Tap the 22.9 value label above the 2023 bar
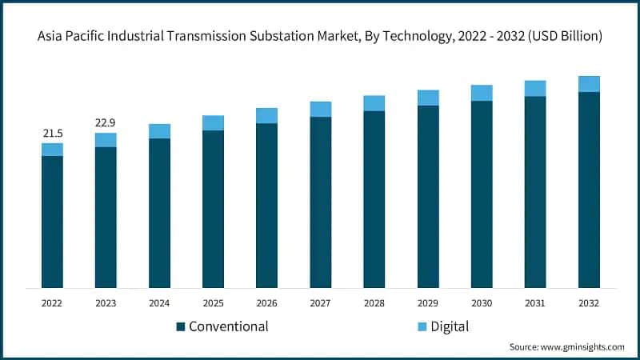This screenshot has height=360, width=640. click(106, 122)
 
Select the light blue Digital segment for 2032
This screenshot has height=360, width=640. click(589, 84)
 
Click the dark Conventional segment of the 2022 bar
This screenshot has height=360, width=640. click(52, 222)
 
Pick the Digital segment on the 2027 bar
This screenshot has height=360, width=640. click(321, 109)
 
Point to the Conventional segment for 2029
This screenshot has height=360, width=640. click(428, 196)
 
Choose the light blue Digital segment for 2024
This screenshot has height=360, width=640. click(159, 131)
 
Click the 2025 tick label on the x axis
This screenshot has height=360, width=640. click(213, 303)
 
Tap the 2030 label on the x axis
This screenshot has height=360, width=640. click(482, 303)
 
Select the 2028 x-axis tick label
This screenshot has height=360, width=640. click(374, 303)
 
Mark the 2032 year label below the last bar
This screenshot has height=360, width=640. click(589, 303)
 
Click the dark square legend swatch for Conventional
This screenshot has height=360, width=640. click(181, 326)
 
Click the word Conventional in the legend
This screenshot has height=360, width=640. click(229, 326)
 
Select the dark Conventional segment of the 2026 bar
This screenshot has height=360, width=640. click(266, 206)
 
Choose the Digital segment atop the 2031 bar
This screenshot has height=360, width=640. click(535, 88)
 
